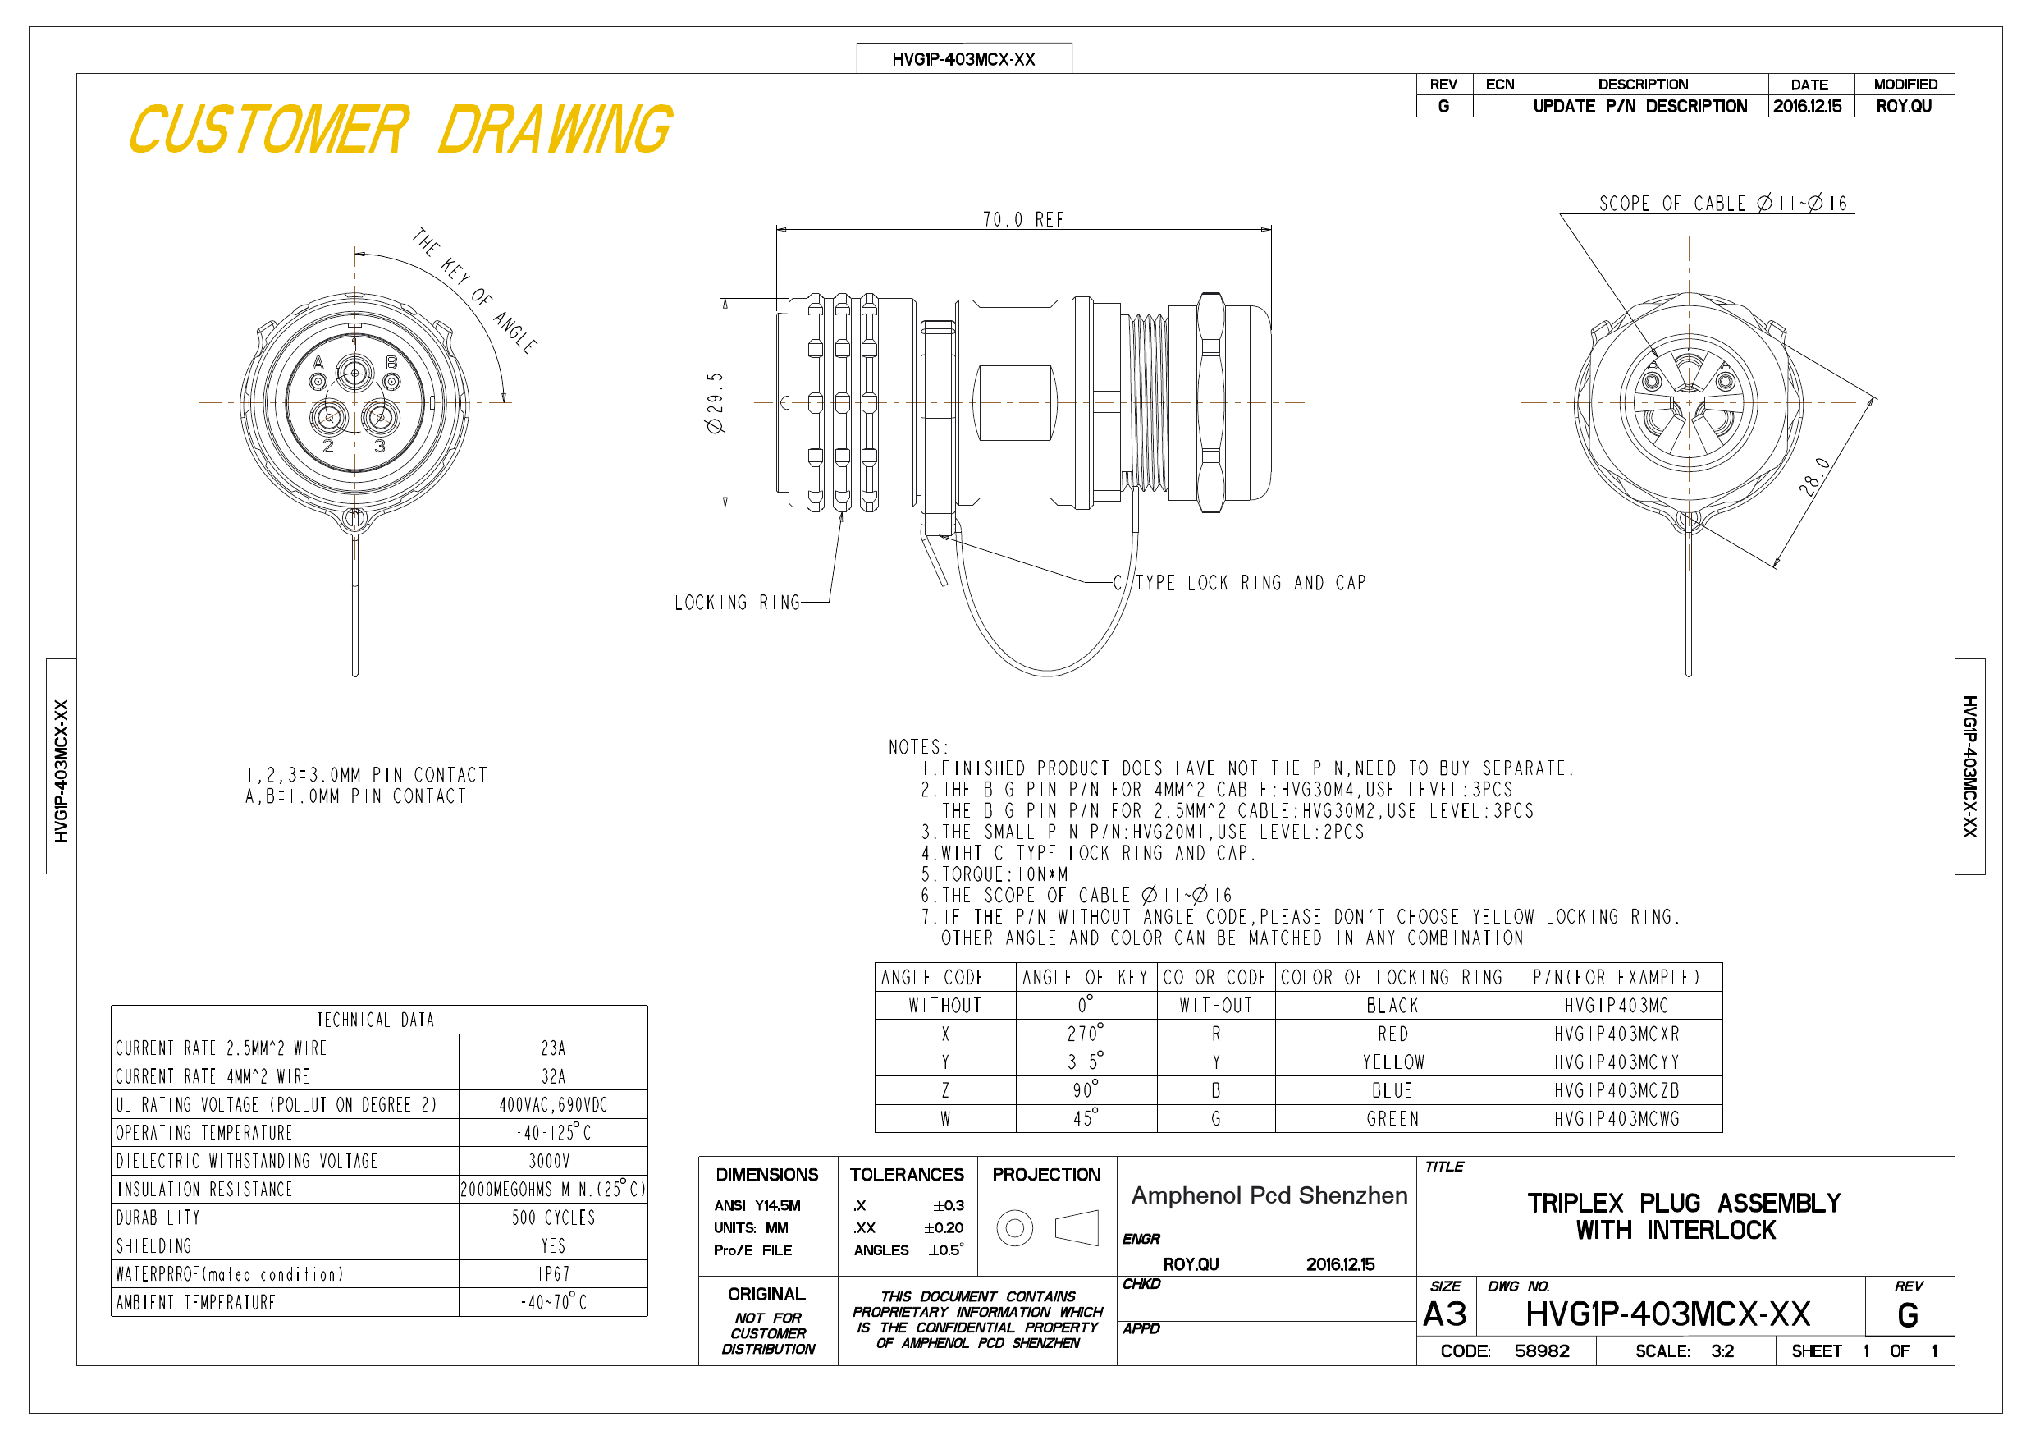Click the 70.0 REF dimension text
[1022, 219]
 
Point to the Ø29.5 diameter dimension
[715, 402]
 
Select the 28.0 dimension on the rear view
[1814, 476]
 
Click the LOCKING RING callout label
[738, 603]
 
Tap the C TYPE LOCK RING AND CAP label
[1240, 583]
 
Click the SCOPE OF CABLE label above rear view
[1723, 203]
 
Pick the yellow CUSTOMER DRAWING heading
[400, 130]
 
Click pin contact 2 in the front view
[329, 417]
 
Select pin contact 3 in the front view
[380, 417]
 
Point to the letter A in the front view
[318, 363]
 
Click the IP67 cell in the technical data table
[554, 1274]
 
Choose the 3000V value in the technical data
[550, 1161]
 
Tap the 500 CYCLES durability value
[553, 1218]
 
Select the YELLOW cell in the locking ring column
[1393, 1062]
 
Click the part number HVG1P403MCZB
[1617, 1090]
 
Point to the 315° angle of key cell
[1086, 1062]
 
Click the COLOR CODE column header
[1215, 977]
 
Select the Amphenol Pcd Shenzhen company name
[1269, 1195]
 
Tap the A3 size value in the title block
[1445, 1314]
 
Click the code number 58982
[1541, 1351]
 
